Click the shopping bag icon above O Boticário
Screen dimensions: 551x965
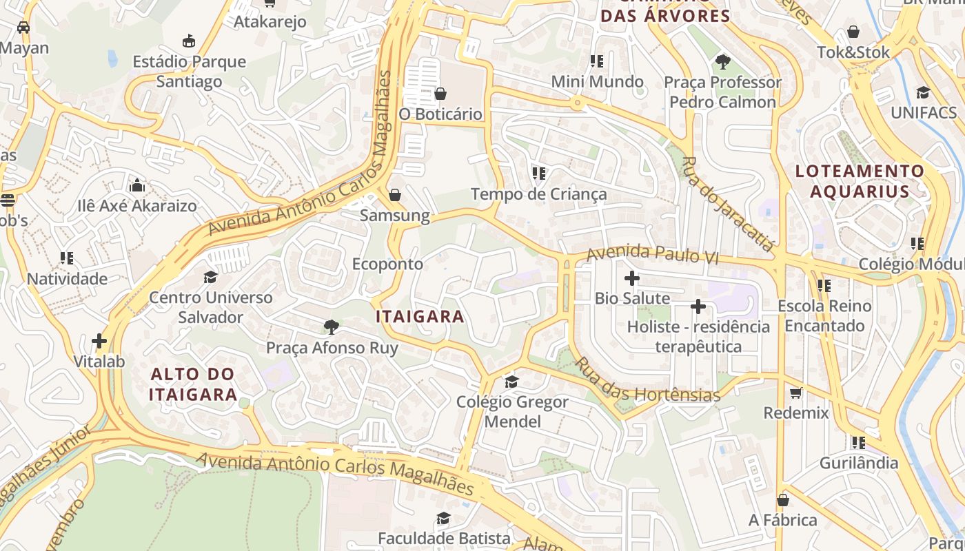tap(440, 93)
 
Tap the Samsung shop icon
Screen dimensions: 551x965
tap(395, 195)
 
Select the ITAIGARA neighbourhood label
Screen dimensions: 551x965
tap(420, 317)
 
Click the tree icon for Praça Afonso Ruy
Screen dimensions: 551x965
tap(332, 327)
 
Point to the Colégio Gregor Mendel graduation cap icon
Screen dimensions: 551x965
tap(511, 382)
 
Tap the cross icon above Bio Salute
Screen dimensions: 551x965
tap(631, 278)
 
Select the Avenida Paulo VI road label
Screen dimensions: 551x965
tap(652, 255)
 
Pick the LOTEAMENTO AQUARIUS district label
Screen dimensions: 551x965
tap(860, 181)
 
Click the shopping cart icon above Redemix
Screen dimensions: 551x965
tap(796, 393)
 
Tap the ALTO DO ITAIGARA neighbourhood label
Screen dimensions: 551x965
tap(193, 384)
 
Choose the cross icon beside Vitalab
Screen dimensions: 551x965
tap(99, 341)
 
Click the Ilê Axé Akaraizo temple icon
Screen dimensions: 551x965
tap(137, 185)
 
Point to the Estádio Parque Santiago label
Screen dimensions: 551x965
tap(189, 72)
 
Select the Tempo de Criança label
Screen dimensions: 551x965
tap(538, 194)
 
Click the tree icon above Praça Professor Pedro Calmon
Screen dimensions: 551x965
tap(722, 62)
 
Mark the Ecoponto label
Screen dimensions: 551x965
tap(387, 264)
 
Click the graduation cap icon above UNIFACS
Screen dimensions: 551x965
tap(923, 92)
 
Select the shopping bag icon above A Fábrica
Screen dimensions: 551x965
tap(783, 500)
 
